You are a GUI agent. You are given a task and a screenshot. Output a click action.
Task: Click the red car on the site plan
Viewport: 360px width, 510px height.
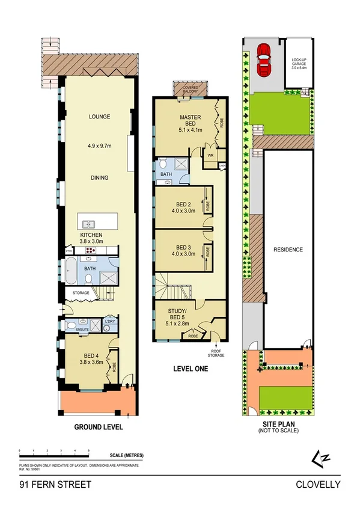pos(263,58)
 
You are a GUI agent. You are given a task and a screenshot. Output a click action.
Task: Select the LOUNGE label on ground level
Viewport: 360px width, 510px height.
pos(99,117)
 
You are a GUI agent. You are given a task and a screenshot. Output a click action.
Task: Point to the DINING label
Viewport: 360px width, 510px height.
pos(99,177)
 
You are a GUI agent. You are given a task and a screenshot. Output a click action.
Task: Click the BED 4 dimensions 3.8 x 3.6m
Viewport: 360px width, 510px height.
pos(92,363)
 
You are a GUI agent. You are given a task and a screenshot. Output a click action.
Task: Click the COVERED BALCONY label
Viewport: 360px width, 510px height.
pos(190,88)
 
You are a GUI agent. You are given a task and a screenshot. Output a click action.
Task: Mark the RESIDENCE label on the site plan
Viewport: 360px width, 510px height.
pos(288,250)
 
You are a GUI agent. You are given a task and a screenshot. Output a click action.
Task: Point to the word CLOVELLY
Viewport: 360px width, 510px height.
pos(318,484)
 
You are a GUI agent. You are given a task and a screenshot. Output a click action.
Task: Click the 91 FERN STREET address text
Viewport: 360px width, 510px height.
pos(55,484)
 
